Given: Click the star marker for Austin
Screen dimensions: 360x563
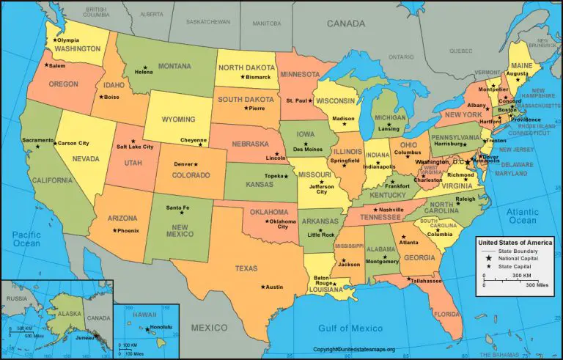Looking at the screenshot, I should [261, 287].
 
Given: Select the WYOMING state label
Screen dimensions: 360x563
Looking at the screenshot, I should [177, 119].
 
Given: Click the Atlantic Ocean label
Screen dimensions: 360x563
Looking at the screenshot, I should [522, 216].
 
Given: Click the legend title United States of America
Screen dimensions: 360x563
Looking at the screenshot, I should [515, 242].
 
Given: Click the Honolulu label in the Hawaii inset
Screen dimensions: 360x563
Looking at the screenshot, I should [161, 327].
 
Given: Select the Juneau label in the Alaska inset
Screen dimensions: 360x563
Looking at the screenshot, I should [86, 339].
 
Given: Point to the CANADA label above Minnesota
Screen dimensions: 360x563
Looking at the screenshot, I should [346, 23].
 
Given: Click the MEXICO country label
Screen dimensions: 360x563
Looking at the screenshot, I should [209, 328].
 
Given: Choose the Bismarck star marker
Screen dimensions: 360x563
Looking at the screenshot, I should [243, 77].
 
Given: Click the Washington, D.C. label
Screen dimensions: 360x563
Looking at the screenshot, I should [439, 161].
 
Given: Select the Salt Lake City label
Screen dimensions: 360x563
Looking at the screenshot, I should [136, 147].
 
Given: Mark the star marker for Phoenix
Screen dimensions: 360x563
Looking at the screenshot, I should [114, 230].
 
